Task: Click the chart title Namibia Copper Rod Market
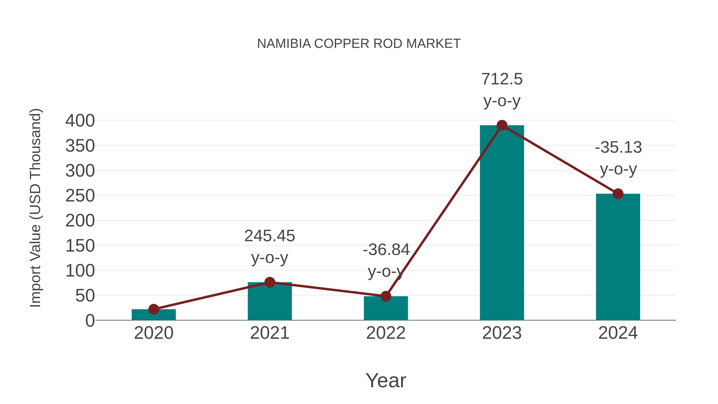point(359,43)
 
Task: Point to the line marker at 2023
point(502,125)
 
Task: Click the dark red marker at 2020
point(154,309)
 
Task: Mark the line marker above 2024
point(618,194)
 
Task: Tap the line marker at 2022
point(386,296)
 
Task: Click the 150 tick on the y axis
point(80,246)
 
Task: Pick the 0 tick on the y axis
point(90,321)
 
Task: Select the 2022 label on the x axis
point(386,333)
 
